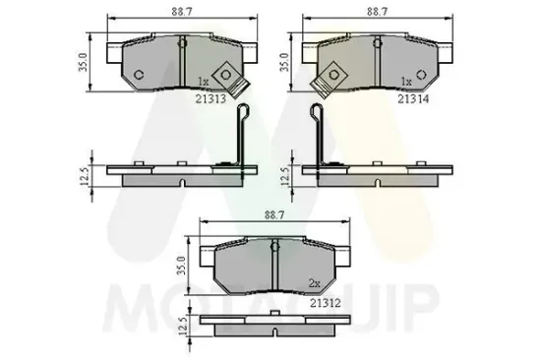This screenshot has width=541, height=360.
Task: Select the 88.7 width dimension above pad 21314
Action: (378, 11)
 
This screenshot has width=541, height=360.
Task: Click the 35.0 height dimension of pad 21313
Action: (87, 60)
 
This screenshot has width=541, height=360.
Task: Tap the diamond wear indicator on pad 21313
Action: (225, 75)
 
